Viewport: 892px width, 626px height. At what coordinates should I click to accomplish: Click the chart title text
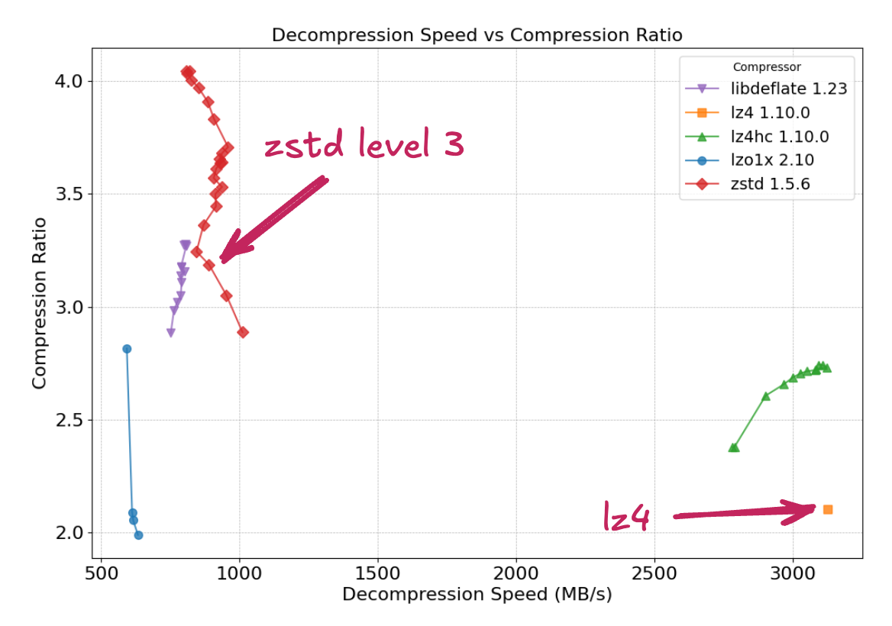(477, 35)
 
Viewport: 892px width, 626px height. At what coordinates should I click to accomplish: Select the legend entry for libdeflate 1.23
(788, 89)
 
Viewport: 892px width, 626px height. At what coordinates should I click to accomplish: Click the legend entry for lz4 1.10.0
(770, 113)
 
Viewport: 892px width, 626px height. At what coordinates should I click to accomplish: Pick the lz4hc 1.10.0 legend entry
(779, 137)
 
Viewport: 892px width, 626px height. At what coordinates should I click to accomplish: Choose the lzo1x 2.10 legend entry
(772, 160)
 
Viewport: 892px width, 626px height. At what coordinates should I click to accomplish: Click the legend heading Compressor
(767, 67)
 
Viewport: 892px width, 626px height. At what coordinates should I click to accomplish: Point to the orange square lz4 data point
(828, 509)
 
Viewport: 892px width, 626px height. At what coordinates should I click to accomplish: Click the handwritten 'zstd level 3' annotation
(364, 145)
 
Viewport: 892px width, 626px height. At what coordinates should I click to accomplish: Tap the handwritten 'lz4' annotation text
(626, 518)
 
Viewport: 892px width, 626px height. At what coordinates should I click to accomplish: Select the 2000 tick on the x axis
(516, 573)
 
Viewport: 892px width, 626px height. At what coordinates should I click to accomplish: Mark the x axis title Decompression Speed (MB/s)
(477, 595)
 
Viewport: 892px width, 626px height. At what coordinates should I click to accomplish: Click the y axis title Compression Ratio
(40, 303)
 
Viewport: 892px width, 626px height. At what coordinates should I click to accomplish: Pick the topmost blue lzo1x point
(127, 349)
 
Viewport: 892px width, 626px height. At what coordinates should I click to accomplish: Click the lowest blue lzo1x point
(138, 535)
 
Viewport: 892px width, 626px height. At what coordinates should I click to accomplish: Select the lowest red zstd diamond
(243, 332)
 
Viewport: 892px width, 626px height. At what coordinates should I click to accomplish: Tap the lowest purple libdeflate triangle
(171, 333)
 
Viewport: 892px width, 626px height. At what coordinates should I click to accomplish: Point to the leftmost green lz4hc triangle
(734, 447)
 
